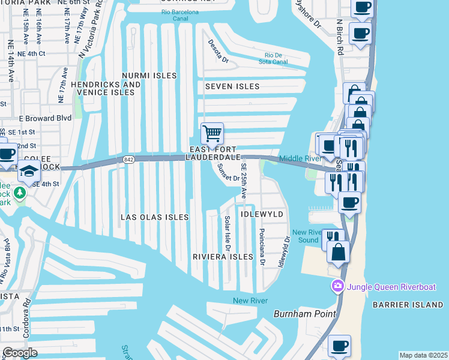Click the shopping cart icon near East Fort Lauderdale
click(211, 133)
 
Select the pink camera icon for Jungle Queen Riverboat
click(338, 286)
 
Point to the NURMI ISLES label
click(149, 76)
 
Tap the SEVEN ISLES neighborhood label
click(232, 86)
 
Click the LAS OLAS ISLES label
click(154, 217)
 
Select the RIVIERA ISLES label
click(223, 256)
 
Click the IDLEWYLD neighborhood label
click(262, 214)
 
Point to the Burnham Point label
click(298, 314)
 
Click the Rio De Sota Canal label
click(273, 58)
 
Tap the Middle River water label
click(301, 158)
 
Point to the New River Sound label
click(305, 236)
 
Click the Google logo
click(20, 353)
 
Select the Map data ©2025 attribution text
click(423, 355)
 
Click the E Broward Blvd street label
click(41, 118)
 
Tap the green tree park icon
click(20, 193)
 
